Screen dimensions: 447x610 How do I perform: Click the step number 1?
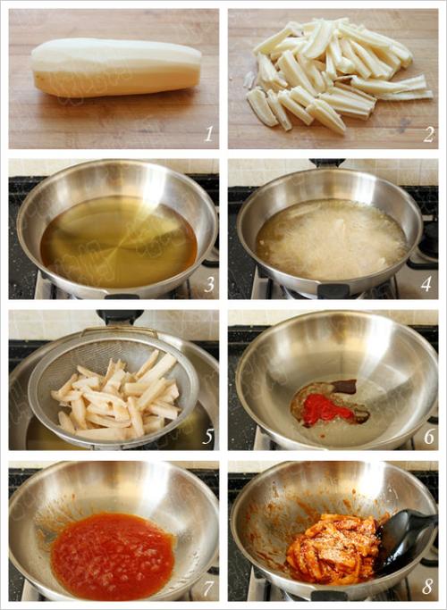pyautogui.click(x=209, y=134)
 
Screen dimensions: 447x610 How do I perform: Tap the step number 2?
pyautogui.click(x=428, y=135)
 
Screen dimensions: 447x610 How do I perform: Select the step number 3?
pyautogui.click(x=209, y=285)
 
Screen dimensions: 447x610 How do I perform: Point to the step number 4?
pyautogui.click(x=426, y=285)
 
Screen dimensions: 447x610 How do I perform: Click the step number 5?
pyautogui.click(x=207, y=437)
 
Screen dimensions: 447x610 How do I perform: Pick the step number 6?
pyautogui.click(x=429, y=437)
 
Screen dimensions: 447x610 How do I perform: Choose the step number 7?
pyautogui.click(x=208, y=588)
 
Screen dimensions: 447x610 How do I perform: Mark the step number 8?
pyautogui.click(x=427, y=588)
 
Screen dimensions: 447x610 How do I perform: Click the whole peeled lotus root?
pyautogui.click(x=115, y=66)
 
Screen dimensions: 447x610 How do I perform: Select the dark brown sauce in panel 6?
pyautogui.click(x=344, y=386)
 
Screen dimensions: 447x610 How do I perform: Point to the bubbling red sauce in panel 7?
pyautogui.click(x=113, y=556)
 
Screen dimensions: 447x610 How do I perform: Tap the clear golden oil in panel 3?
pyautogui.click(x=118, y=241)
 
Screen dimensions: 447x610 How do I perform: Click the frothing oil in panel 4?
pyautogui.click(x=332, y=238)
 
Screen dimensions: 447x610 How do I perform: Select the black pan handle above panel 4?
pyautogui.click(x=327, y=163)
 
